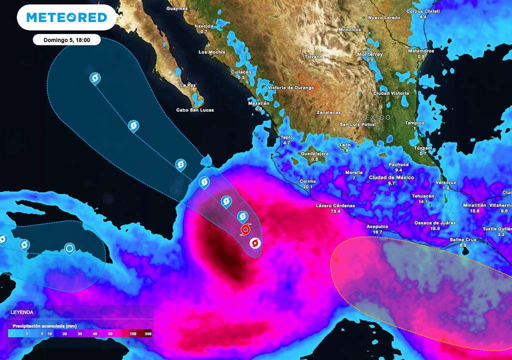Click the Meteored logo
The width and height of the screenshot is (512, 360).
point(66,17)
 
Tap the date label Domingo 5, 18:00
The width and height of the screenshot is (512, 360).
point(66,40)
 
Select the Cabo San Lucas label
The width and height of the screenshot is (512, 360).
point(195,110)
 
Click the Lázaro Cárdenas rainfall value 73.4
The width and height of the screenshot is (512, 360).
point(335,211)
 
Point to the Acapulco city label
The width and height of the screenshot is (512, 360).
point(377,226)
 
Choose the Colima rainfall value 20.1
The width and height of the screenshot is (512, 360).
point(307,187)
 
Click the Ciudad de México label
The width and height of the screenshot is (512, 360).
point(391,177)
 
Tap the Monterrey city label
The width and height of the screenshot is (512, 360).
point(370,54)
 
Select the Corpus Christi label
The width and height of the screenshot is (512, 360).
point(423,11)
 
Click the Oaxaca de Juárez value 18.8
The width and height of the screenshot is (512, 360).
point(435,228)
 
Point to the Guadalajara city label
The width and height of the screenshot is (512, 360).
point(314,153)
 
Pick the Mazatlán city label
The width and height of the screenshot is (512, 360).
point(258,103)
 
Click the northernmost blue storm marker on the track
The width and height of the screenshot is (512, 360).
point(95,78)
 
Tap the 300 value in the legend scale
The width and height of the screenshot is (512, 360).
point(148,333)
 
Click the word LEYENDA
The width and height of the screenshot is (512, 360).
point(22,312)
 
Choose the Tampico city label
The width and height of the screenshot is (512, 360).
point(414,123)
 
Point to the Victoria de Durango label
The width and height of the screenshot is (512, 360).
point(291,88)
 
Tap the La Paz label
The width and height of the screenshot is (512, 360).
point(188,85)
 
